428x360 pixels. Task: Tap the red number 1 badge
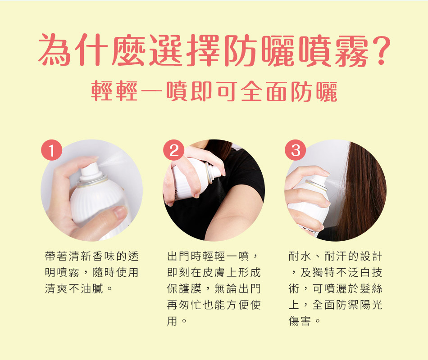point(51,150)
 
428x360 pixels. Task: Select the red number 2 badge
point(173,150)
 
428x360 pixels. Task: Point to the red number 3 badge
point(296,150)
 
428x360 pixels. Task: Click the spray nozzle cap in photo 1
point(90,170)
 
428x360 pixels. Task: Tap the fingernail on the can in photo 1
point(120,211)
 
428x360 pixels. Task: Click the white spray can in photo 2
point(195,178)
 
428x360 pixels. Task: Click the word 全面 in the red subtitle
point(264,91)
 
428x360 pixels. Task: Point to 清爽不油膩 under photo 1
point(74,288)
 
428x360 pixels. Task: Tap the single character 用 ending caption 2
point(172,321)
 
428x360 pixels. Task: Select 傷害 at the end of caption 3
point(300,321)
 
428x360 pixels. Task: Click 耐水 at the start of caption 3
point(300,256)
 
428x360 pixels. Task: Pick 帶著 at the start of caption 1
point(56,256)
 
